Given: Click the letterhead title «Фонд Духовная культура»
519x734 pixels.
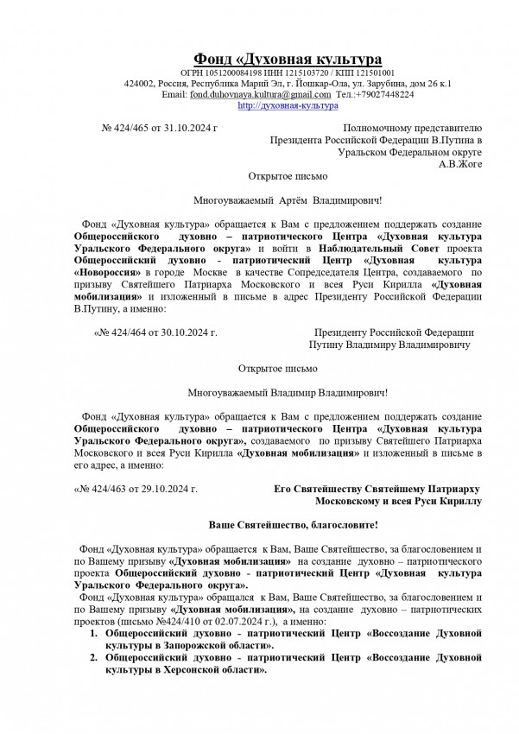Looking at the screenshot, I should (287, 59).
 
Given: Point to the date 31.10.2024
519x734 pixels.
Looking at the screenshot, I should (191, 128).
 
